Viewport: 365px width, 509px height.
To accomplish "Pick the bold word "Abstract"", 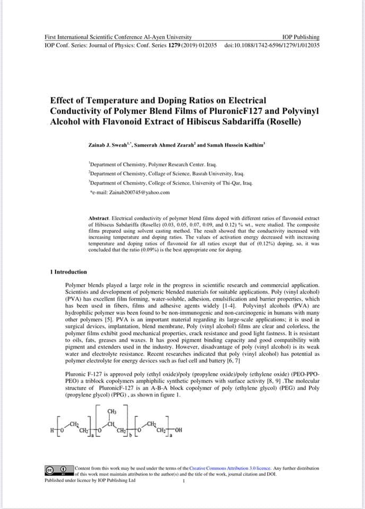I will coord(98,218).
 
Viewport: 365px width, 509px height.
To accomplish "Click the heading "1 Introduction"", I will coord(68,272).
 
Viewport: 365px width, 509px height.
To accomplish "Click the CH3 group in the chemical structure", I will coord(112,411).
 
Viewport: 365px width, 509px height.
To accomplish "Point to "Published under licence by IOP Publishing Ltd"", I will coord(90,480).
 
